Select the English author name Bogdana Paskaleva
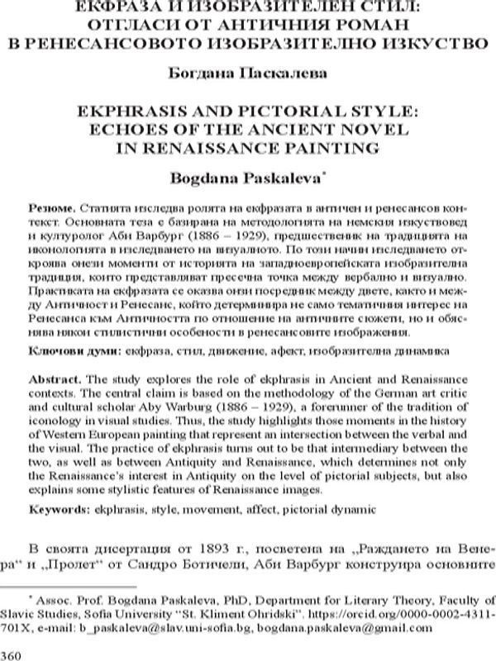click(246, 178)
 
